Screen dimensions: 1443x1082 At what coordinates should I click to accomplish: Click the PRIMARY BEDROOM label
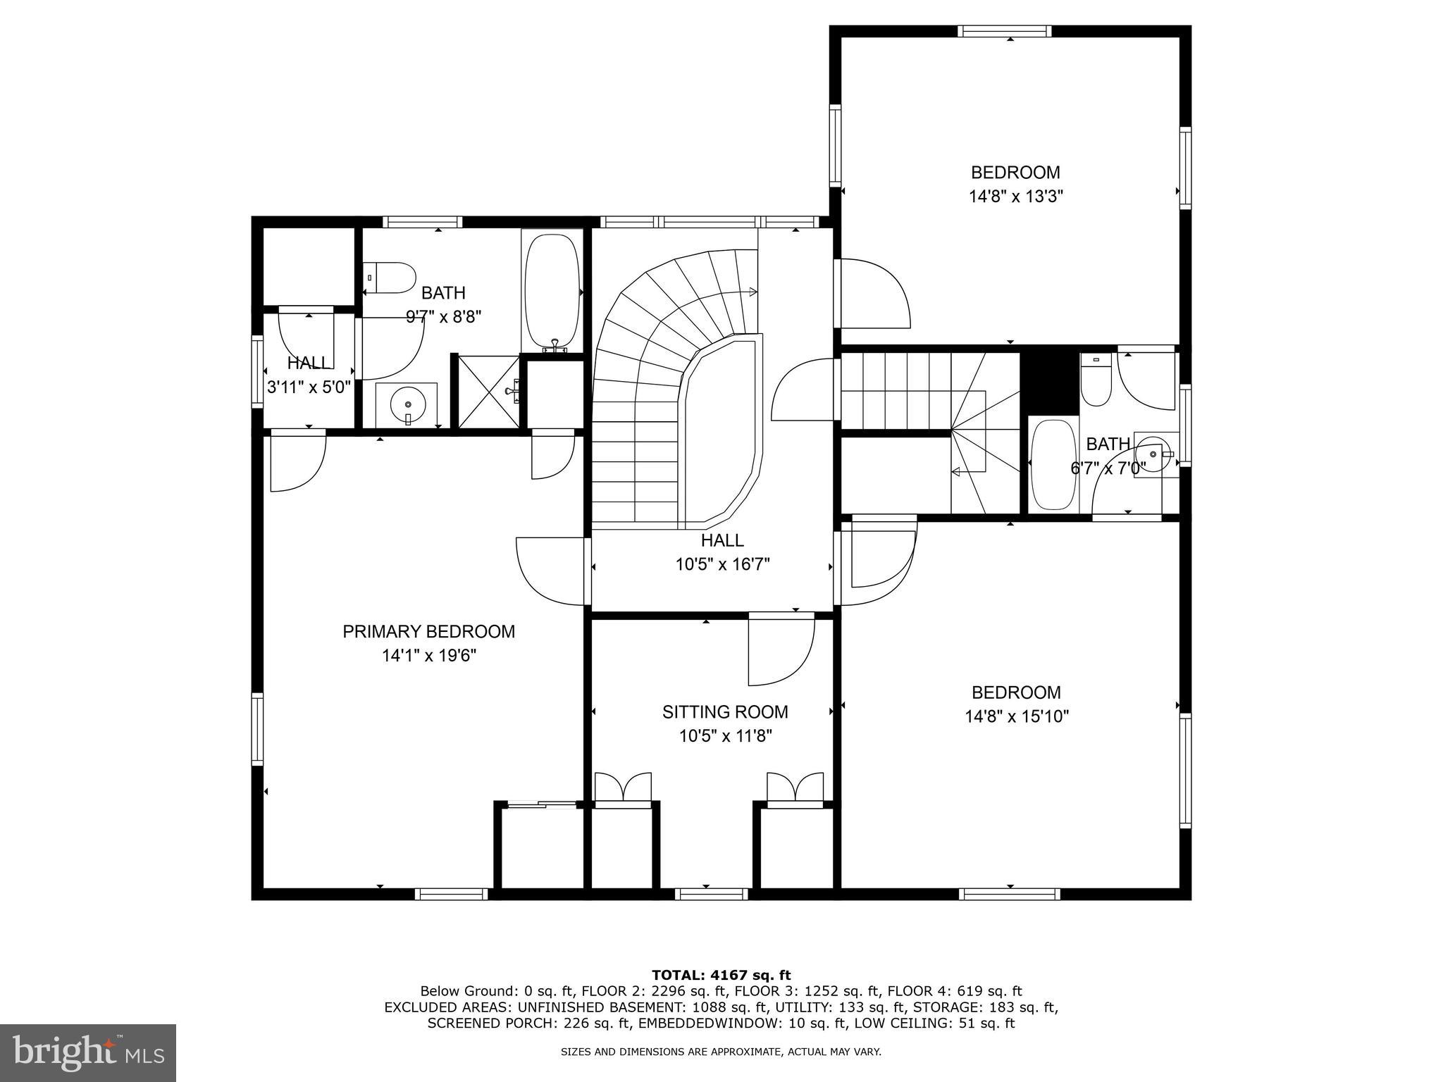click(428, 632)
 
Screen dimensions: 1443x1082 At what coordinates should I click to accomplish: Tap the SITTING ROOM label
click(725, 712)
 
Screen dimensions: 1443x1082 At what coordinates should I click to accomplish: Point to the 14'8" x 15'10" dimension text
click(1017, 716)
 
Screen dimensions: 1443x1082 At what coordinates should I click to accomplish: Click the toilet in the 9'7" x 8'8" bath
click(390, 278)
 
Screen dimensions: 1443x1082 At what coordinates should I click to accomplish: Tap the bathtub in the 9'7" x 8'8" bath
click(553, 290)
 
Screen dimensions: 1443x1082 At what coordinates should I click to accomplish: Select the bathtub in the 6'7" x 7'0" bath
click(1053, 466)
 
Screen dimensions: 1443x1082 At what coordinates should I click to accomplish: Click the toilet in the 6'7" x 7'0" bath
click(1096, 380)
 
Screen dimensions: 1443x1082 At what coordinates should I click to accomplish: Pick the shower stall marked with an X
click(489, 392)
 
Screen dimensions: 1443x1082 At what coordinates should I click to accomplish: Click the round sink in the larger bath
click(408, 405)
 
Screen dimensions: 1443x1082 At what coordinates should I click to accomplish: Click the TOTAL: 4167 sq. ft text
click(721, 975)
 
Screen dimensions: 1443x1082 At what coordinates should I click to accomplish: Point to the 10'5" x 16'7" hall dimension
click(722, 564)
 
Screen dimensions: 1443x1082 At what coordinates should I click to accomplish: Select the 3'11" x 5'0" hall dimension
click(309, 387)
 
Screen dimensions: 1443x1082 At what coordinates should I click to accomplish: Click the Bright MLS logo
click(87, 1053)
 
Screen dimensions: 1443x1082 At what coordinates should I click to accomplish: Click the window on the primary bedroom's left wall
click(257, 729)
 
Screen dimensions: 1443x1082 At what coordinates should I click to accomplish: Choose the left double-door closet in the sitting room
click(624, 787)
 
